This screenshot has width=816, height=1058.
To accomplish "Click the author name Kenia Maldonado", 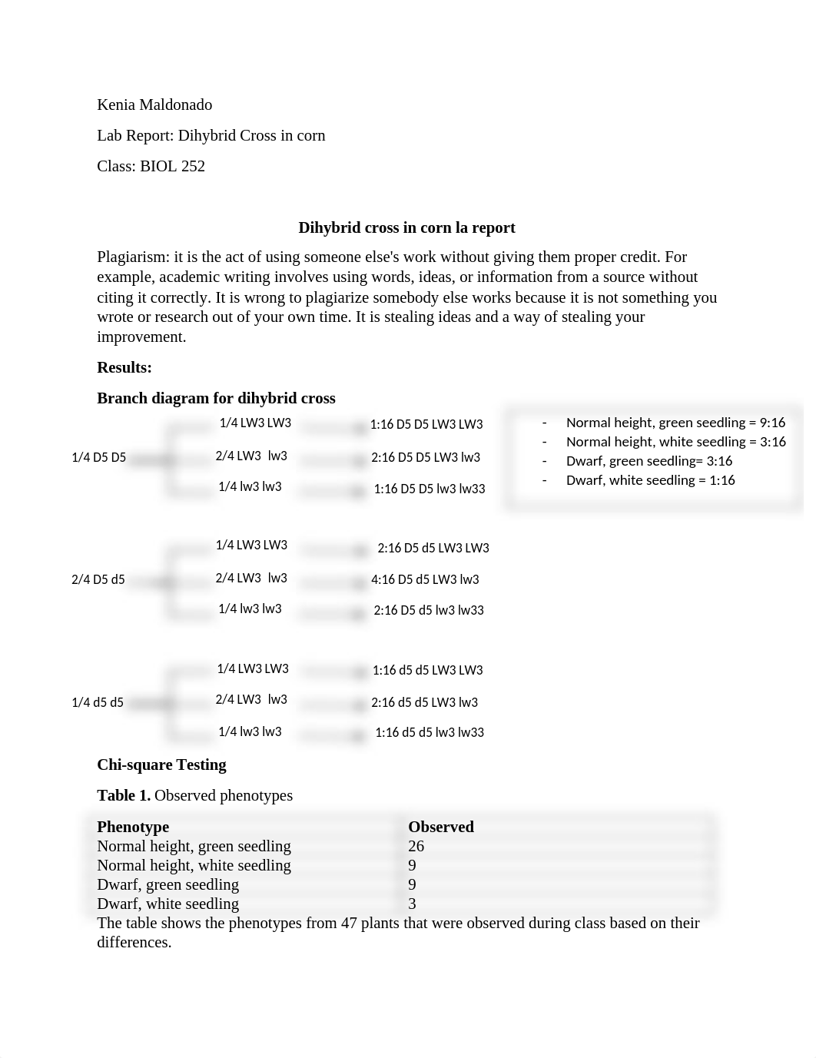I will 154,104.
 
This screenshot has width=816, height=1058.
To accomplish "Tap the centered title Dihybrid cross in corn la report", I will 406,227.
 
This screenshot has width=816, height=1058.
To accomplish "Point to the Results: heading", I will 124,367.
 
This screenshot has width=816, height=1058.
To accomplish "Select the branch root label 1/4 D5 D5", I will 98,457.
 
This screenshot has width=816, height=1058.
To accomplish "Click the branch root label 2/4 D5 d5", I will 98,579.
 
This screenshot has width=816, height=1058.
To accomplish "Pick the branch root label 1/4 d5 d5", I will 97,702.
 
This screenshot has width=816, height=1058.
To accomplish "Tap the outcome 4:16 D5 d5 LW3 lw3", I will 425,579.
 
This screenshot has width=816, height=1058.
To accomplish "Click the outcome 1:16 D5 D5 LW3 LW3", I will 426,424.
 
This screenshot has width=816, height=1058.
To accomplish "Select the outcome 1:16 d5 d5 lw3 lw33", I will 430,732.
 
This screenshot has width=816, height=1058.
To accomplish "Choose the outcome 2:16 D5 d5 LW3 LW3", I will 433,548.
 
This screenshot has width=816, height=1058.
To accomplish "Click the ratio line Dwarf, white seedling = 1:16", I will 650,480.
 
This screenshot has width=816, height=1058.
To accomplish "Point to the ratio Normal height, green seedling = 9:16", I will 675,423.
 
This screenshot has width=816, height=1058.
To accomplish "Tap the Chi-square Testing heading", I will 161,764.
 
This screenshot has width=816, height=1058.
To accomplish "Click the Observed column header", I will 441,827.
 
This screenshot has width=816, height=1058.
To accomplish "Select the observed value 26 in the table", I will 416,846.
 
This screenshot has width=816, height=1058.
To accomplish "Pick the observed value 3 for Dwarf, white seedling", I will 413,904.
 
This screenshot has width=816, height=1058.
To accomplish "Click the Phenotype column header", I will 133,827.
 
